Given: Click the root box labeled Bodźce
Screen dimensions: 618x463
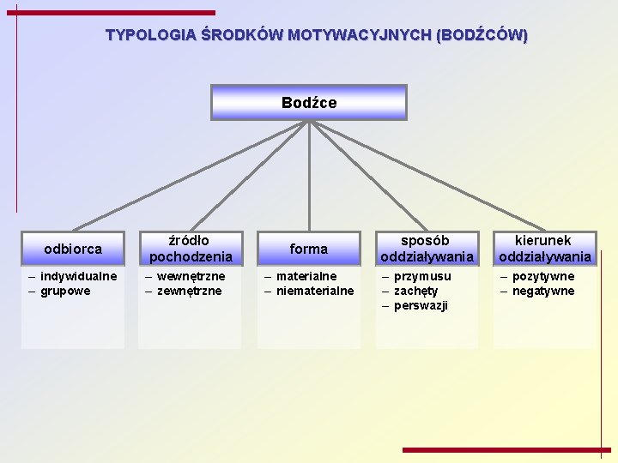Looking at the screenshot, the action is [x=309, y=102].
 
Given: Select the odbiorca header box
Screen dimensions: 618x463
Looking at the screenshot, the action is [x=73, y=249].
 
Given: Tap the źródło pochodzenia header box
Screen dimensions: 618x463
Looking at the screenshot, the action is [x=191, y=249].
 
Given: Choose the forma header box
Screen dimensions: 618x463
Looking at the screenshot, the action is [x=309, y=249].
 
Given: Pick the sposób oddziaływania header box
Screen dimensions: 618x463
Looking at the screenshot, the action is [x=427, y=249].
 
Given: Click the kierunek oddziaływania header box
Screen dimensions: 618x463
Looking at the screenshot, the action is [x=545, y=249].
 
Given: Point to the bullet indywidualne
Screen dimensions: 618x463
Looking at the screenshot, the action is [x=78, y=276].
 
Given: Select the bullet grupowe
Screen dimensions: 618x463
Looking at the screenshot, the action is [x=65, y=291].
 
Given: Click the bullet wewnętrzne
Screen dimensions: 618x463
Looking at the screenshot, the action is [x=191, y=276].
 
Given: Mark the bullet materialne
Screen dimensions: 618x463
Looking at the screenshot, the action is [x=306, y=276].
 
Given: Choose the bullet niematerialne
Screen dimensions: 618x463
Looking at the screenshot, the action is [x=315, y=291].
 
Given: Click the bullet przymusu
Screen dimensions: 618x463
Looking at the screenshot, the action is [x=422, y=276].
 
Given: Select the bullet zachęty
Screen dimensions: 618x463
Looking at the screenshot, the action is [x=415, y=291].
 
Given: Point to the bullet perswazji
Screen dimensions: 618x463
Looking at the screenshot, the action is [x=421, y=305].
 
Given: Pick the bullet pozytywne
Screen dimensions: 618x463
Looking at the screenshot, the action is [x=543, y=276].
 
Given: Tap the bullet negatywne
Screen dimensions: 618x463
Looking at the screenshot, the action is [x=543, y=291].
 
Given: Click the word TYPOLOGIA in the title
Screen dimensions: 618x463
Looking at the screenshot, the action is [x=150, y=36].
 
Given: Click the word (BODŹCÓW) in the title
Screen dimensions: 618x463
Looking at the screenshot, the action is [x=482, y=36].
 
